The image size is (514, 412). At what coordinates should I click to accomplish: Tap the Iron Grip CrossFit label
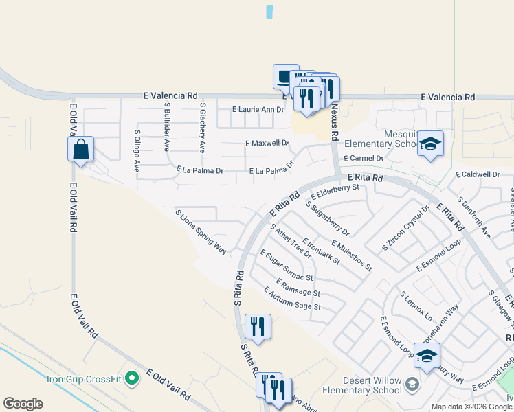point(83,378)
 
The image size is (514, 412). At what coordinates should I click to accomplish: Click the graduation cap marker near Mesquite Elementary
point(431,144)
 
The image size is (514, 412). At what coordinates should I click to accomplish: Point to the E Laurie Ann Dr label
point(258,109)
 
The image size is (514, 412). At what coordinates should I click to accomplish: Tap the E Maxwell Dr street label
point(267,143)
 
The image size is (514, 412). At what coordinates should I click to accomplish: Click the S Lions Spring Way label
point(201,233)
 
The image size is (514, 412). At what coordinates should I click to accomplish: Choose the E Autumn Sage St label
point(293,299)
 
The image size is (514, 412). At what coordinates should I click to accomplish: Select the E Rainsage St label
point(298,288)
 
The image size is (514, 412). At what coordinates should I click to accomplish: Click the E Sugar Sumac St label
point(287,266)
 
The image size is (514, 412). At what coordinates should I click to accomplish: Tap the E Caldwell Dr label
point(477,174)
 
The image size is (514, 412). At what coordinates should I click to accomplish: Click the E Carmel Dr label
point(361,158)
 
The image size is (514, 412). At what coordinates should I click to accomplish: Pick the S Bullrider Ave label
point(167,128)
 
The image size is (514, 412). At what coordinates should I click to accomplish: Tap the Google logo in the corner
point(23,404)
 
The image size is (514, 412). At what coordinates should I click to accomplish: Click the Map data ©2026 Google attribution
point(471,407)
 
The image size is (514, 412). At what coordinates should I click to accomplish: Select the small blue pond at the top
point(269,12)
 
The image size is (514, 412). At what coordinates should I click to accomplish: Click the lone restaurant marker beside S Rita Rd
point(258,328)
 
